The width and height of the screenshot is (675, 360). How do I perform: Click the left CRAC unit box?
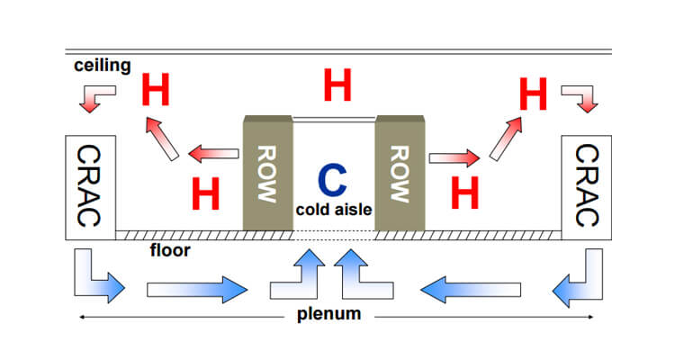tap(91, 187)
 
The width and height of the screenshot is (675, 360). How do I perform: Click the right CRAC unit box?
tap(586, 187)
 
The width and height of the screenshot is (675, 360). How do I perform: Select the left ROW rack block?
tap(267, 172)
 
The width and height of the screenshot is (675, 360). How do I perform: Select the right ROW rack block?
tap(400, 172)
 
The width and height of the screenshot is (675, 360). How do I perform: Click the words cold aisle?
tap(334, 210)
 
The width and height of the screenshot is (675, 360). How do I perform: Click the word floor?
tap(169, 250)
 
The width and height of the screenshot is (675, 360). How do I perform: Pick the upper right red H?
tap(535, 94)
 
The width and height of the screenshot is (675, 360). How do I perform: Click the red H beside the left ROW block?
tap(206, 193)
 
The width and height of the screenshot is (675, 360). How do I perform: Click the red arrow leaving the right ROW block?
tap(453, 159)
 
